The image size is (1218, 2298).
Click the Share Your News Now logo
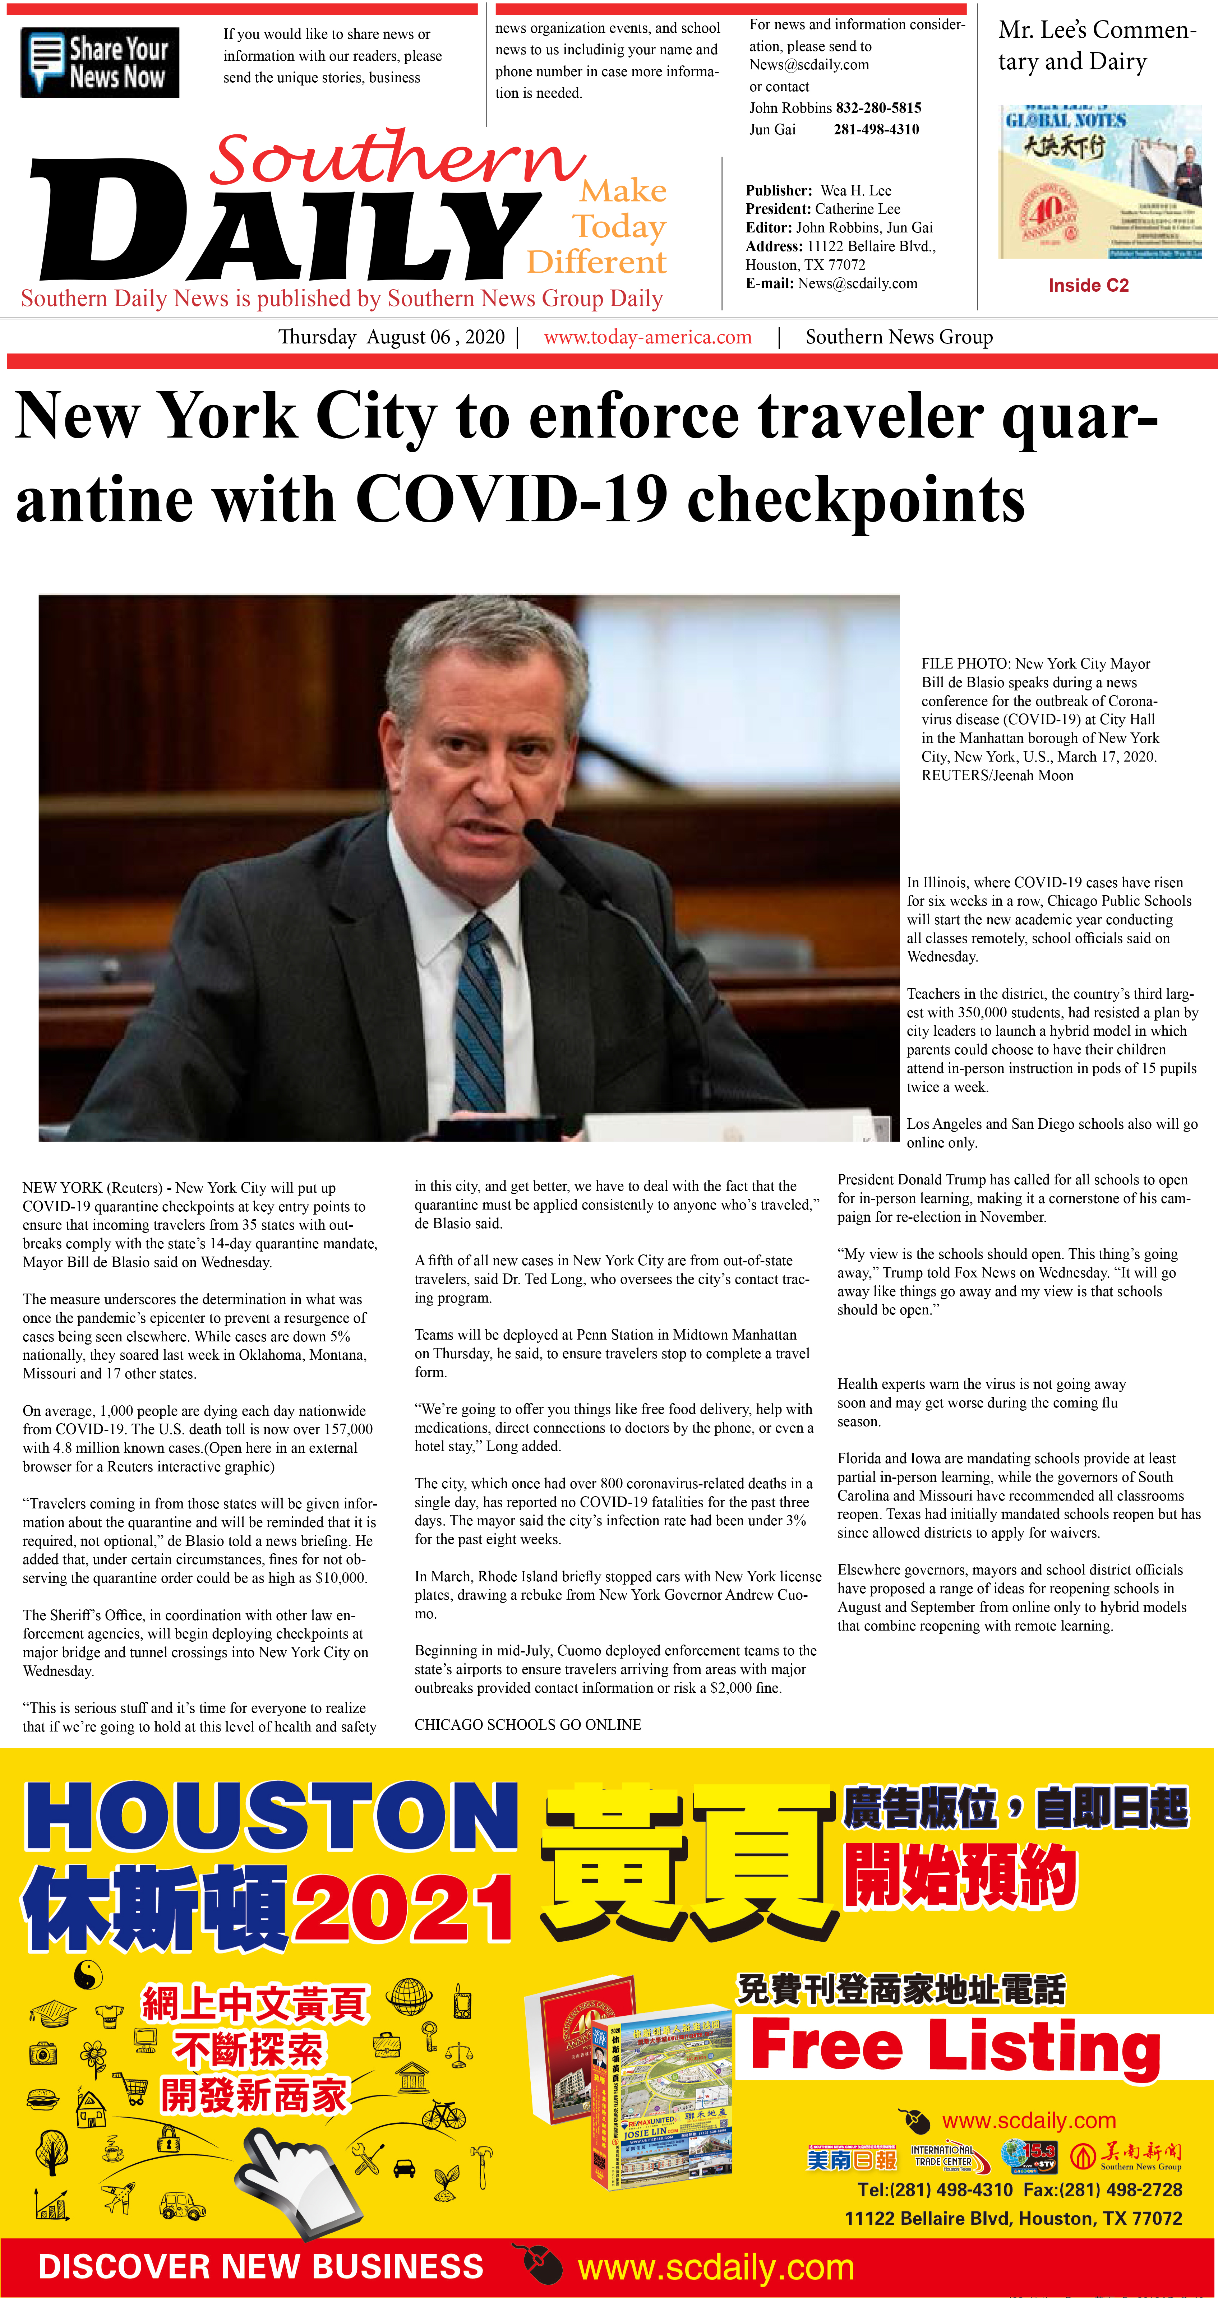click(x=100, y=63)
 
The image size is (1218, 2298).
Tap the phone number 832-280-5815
click(x=878, y=108)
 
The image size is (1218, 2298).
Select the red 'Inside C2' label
click(x=1088, y=286)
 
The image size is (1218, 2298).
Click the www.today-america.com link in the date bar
click(x=648, y=337)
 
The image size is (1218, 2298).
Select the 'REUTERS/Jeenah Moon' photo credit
click(x=997, y=775)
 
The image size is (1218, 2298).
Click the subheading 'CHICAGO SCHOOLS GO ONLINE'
click(x=527, y=1724)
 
